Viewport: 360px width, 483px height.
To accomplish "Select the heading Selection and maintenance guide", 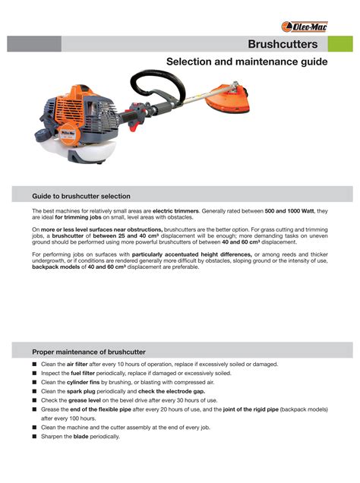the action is point(247,62).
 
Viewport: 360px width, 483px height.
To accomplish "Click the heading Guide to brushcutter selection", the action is point(81,196).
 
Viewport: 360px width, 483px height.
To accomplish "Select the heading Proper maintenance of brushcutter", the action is point(88,352).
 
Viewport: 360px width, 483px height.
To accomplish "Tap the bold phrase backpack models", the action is point(55,267).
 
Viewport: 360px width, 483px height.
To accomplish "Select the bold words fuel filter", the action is point(84,374).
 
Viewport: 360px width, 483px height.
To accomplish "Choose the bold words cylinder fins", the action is point(88,382).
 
